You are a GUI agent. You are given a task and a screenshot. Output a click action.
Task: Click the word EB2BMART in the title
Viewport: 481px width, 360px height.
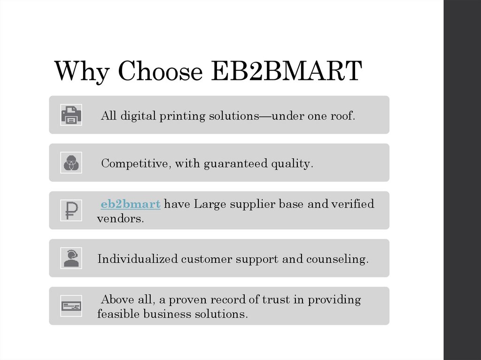tap(286, 71)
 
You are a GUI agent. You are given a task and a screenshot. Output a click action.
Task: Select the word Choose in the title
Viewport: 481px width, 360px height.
tap(160, 71)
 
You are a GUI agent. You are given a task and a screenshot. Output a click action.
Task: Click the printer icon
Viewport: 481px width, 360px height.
tap(71, 115)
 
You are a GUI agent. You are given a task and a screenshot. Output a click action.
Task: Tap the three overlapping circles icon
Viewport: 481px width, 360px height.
tap(71, 163)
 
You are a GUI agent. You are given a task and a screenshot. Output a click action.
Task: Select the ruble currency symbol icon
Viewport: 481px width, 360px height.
tap(71, 210)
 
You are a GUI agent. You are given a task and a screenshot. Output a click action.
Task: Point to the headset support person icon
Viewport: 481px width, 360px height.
tap(71, 258)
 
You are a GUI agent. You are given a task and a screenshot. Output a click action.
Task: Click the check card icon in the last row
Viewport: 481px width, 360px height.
tap(71, 306)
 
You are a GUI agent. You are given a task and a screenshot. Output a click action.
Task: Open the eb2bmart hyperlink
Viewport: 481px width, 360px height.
tap(131, 204)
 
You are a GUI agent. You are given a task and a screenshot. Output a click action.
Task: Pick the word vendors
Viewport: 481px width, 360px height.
tap(120, 219)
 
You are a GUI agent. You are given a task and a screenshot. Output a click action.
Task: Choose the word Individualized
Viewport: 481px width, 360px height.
tap(137, 259)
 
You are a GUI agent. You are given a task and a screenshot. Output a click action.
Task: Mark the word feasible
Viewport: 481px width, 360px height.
tap(118, 314)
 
